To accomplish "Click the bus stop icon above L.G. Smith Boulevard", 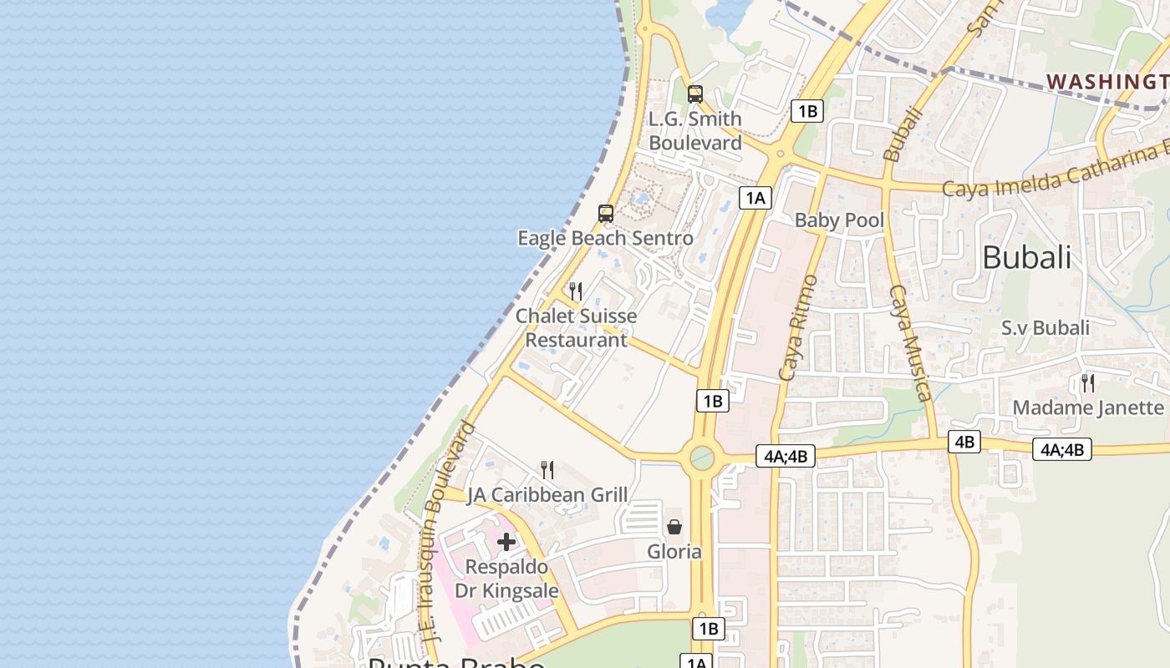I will (694, 94).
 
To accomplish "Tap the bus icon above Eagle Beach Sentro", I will (606, 214).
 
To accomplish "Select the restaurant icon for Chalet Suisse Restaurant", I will (576, 291).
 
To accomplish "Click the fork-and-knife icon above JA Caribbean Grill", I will (547, 470).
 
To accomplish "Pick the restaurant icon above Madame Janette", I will (1088, 383).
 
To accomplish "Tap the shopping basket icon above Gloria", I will (674, 527).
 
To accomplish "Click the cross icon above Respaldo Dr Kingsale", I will (506, 542).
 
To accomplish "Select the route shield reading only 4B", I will (964, 442).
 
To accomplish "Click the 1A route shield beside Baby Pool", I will (755, 198).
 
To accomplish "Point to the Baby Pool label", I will (839, 220).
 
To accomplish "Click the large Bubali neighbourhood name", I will (1026, 257).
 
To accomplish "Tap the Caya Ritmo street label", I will (797, 327).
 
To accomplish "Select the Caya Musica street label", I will (909, 342).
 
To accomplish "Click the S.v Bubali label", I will (1045, 327).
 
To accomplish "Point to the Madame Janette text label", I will (1088, 407).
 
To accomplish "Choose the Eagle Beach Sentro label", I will (605, 238).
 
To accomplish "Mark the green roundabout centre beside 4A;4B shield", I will (702, 458).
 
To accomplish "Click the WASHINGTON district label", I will (1107, 82).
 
